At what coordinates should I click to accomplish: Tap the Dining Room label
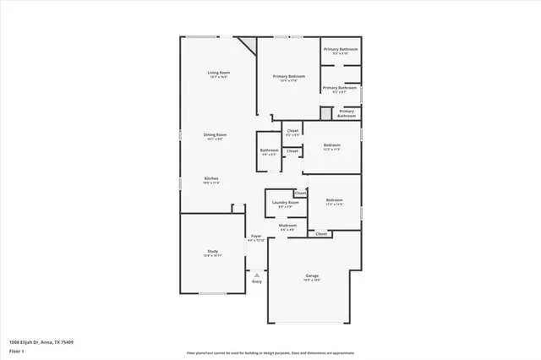215,135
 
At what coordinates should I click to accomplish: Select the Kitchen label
211,178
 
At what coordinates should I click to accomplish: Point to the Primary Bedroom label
288,76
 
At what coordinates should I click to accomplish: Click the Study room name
213,251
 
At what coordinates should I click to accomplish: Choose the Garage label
312,276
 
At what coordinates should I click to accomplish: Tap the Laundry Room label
285,202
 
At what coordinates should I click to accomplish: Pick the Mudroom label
288,226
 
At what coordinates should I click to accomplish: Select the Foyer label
255,236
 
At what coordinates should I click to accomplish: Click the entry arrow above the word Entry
256,274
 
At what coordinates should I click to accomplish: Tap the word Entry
256,281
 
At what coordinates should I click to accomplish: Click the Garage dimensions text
312,281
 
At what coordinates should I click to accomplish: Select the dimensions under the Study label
213,256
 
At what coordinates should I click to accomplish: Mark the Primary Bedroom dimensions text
288,81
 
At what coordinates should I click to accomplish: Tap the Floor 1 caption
16,350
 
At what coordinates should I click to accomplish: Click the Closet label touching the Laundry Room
300,193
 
